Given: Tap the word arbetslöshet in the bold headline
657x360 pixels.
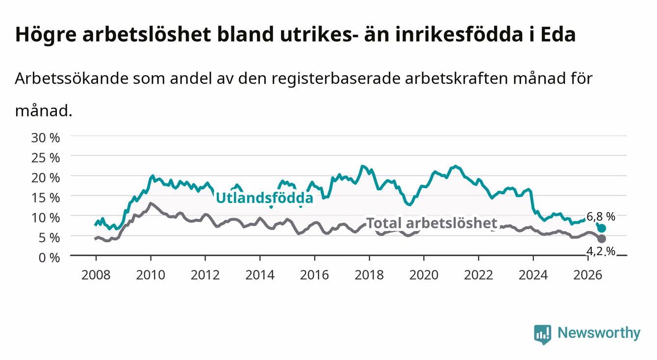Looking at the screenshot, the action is [x=147, y=34].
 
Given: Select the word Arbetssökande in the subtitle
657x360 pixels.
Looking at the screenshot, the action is [x=72, y=78].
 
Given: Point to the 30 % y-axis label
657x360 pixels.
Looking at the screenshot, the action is [x=46, y=138].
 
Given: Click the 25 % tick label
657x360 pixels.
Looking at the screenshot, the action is [x=46, y=157].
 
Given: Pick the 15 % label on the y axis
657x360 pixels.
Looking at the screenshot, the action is [x=46, y=198].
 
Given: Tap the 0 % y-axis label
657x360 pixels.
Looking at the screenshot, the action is [x=49, y=257].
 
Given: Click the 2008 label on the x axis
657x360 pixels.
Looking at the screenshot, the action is [x=96, y=275].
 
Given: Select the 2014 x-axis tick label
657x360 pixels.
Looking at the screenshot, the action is [x=260, y=275].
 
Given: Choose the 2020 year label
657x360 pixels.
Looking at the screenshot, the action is [x=424, y=275].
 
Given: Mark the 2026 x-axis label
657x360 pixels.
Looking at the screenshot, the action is [x=588, y=275].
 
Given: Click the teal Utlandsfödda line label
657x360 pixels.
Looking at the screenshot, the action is [x=265, y=198].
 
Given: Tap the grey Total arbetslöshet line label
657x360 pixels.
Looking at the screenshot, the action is [x=432, y=223].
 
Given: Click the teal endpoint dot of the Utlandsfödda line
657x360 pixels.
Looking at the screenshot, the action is [x=602, y=228].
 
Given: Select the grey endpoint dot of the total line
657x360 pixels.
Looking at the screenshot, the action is [x=602, y=238].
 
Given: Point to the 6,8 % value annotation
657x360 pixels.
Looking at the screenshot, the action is [x=601, y=216].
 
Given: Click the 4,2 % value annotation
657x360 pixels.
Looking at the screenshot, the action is [x=601, y=251].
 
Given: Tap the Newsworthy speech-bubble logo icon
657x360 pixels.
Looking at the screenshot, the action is [x=543, y=334].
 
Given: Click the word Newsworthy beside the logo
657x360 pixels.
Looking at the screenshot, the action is [x=599, y=334].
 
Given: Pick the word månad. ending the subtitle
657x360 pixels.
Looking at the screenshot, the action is [x=44, y=111].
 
